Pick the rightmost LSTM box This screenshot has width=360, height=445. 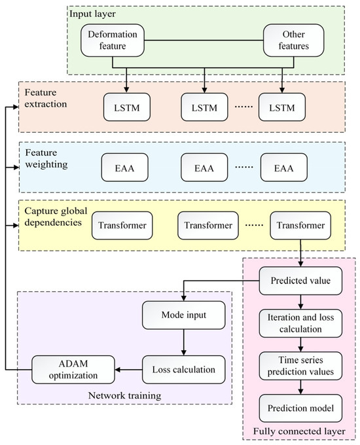(282, 105)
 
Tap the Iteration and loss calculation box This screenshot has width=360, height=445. (299, 321)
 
